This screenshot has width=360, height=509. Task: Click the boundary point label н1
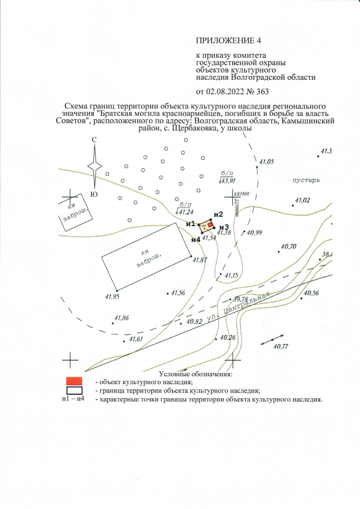coord(190,223)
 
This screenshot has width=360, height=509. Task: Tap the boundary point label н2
coord(219,214)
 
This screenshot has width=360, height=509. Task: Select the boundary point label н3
coord(224,227)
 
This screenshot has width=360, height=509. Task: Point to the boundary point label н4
coord(196,239)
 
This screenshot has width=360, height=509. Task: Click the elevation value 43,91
coord(227,181)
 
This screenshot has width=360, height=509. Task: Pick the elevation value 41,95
coord(112,296)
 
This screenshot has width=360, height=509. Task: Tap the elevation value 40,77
coord(280,346)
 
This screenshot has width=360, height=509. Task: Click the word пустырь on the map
coord(306,181)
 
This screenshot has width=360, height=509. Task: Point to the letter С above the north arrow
coord(94,139)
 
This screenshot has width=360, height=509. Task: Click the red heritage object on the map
coord(210,225)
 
